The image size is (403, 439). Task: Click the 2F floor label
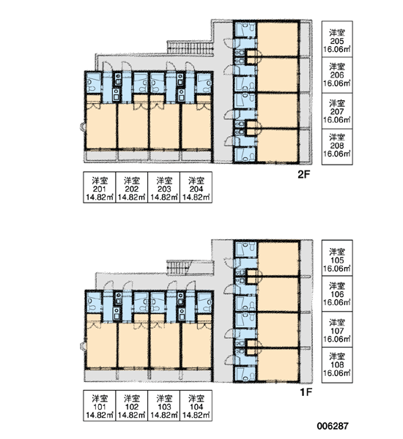tap(303, 175)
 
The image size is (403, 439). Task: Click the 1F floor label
tap(306, 392)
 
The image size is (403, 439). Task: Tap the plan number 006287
tap(333, 426)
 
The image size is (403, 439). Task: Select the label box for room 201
tap(100, 187)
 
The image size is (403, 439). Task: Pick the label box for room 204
tap(196, 187)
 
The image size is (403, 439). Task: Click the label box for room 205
tap(337, 40)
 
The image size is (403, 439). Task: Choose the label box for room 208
tap(337, 147)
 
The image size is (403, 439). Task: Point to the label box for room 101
tap(100, 405)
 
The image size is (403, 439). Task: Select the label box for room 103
tap(164, 405)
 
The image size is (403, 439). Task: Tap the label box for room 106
tap(337, 294)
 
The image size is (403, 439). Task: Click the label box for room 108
tap(337, 365)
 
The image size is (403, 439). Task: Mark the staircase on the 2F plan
tap(191, 48)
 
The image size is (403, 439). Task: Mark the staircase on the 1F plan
tap(179, 266)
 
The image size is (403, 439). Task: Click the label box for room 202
tap(132, 187)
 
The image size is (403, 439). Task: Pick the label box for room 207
tap(337, 111)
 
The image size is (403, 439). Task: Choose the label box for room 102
tap(132, 405)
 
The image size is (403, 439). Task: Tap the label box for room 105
tap(337, 258)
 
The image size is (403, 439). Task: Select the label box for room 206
tap(337, 75)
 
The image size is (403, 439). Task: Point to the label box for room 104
tap(196, 405)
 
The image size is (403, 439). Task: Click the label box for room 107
tap(337, 329)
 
